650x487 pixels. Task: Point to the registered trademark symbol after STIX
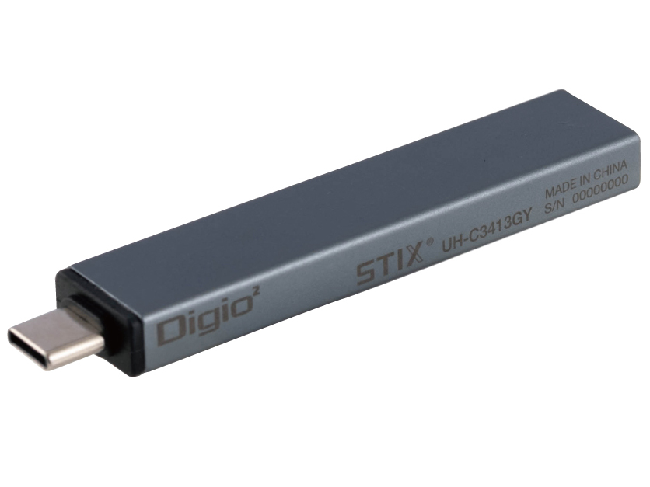click(x=429, y=242)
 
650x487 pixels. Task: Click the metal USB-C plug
click(x=54, y=341)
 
